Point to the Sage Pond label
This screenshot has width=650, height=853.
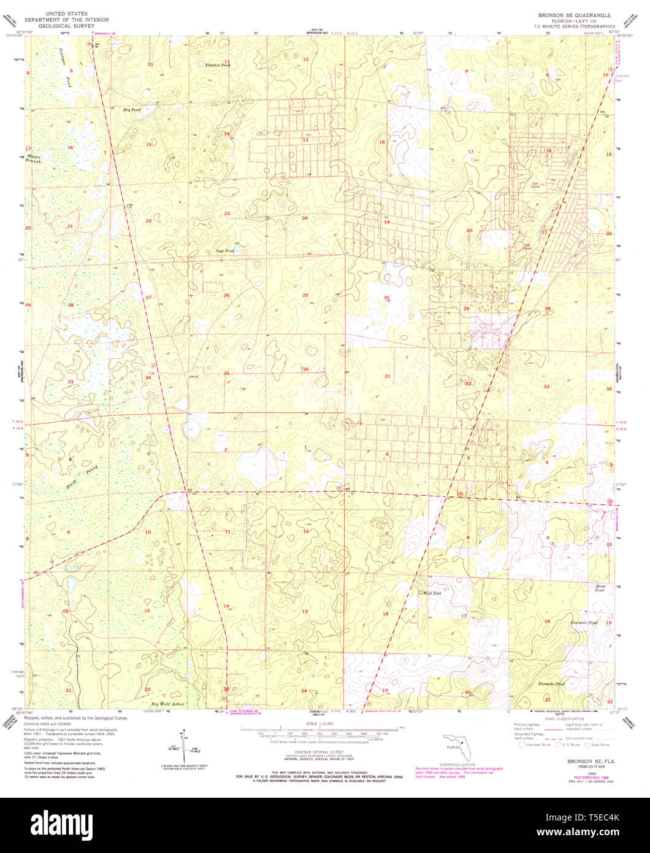pyautogui.click(x=224, y=251)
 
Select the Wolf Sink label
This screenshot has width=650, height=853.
pyautogui.click(x=432, y=593)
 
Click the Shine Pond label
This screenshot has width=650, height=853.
pyautogui.click(x=600, y=587)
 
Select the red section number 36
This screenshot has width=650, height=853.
pyautogui.click(x=305, y=369)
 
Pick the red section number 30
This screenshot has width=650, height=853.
pyautogui.click(x=386, y=298)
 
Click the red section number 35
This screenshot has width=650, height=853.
pyautogui.click(x=226, y=373)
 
